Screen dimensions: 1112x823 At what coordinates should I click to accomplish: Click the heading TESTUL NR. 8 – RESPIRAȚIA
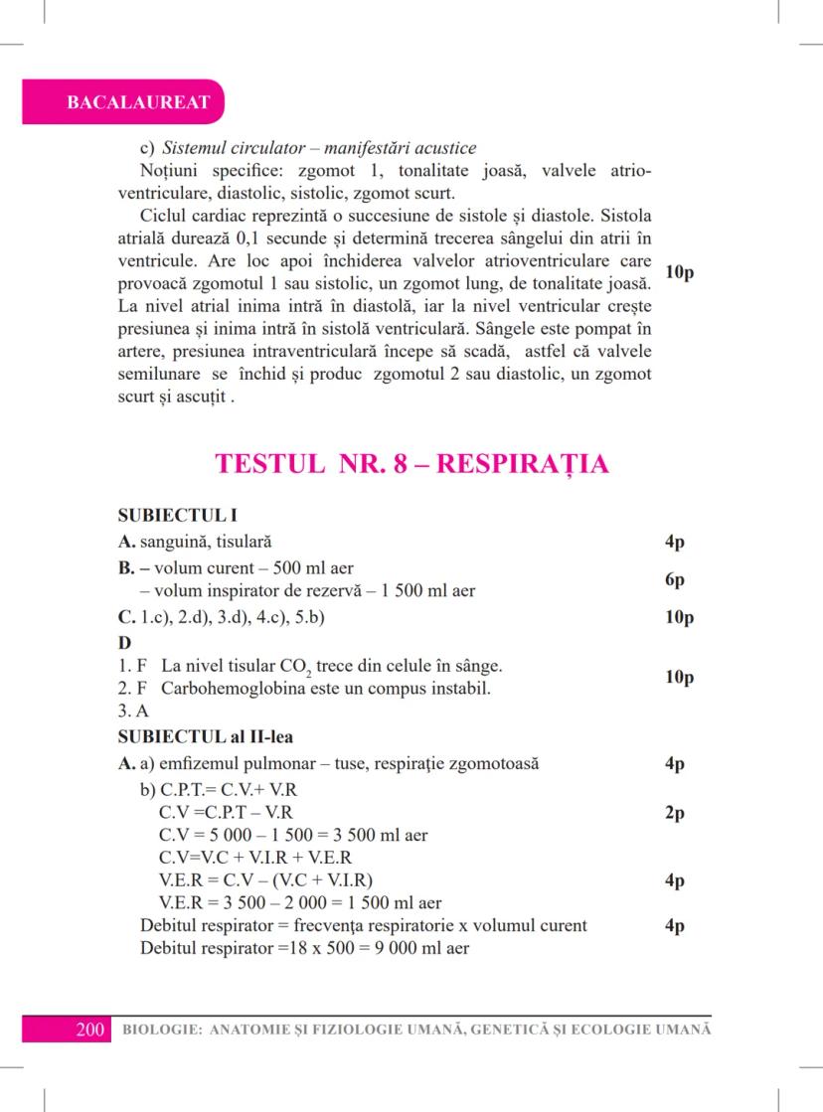411,464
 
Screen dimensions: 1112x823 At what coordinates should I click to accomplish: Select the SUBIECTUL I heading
176,517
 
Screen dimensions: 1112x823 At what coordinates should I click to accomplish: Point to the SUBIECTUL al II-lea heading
204,737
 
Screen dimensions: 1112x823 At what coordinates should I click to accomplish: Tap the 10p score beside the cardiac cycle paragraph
680,272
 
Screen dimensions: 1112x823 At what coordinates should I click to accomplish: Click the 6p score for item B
677,579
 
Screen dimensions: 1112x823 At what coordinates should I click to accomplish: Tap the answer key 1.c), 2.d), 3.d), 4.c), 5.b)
235,617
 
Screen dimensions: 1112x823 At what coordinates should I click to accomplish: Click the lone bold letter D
124,642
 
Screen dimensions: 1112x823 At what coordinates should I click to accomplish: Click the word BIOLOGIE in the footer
156,1029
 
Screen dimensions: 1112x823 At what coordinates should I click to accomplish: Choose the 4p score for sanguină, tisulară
676,543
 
